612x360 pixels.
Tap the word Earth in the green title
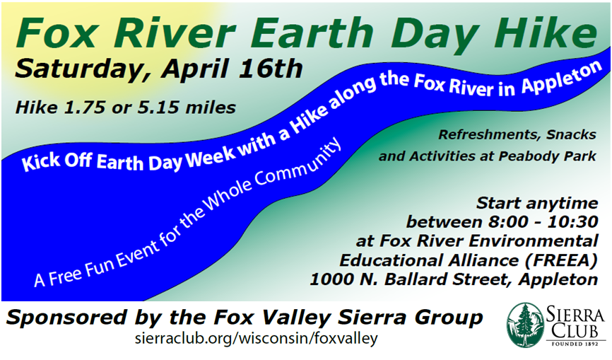pos(312,33)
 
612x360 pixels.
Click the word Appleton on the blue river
pos(562,79)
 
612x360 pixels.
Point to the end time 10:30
pos(573,222)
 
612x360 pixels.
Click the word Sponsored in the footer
pos(66,318)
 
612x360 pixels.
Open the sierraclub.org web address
pos(257,338)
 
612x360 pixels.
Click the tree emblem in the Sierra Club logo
pos(525,325)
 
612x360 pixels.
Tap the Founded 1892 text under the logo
pos(576,344)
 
